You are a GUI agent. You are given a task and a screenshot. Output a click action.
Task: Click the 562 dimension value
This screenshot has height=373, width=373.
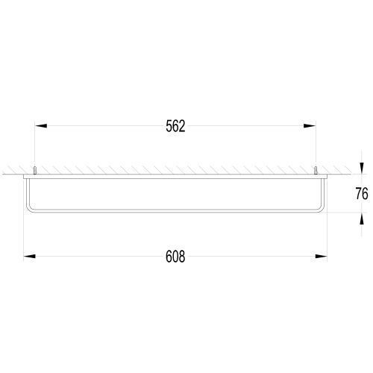pos(175,126)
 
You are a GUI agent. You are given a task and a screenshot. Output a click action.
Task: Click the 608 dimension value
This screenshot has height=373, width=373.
pos(175,257)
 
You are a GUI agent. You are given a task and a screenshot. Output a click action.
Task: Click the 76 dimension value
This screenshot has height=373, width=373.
pos(362,194)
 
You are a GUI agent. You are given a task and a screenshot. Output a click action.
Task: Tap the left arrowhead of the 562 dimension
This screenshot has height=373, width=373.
pos(41,126)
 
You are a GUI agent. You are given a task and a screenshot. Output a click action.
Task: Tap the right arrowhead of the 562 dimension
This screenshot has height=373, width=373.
pos(310,126)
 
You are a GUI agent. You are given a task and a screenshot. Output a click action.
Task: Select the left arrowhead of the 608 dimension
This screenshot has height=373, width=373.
pos(29,256)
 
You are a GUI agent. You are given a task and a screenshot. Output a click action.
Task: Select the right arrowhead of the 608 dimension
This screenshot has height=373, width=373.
pos(321,256)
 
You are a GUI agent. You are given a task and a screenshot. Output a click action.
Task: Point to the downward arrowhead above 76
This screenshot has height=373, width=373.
pos(362,169)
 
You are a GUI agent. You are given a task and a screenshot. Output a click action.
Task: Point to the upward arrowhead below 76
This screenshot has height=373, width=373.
pos(362,219)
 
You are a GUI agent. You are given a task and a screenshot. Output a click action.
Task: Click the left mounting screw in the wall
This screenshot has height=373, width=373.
pos(35,171)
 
